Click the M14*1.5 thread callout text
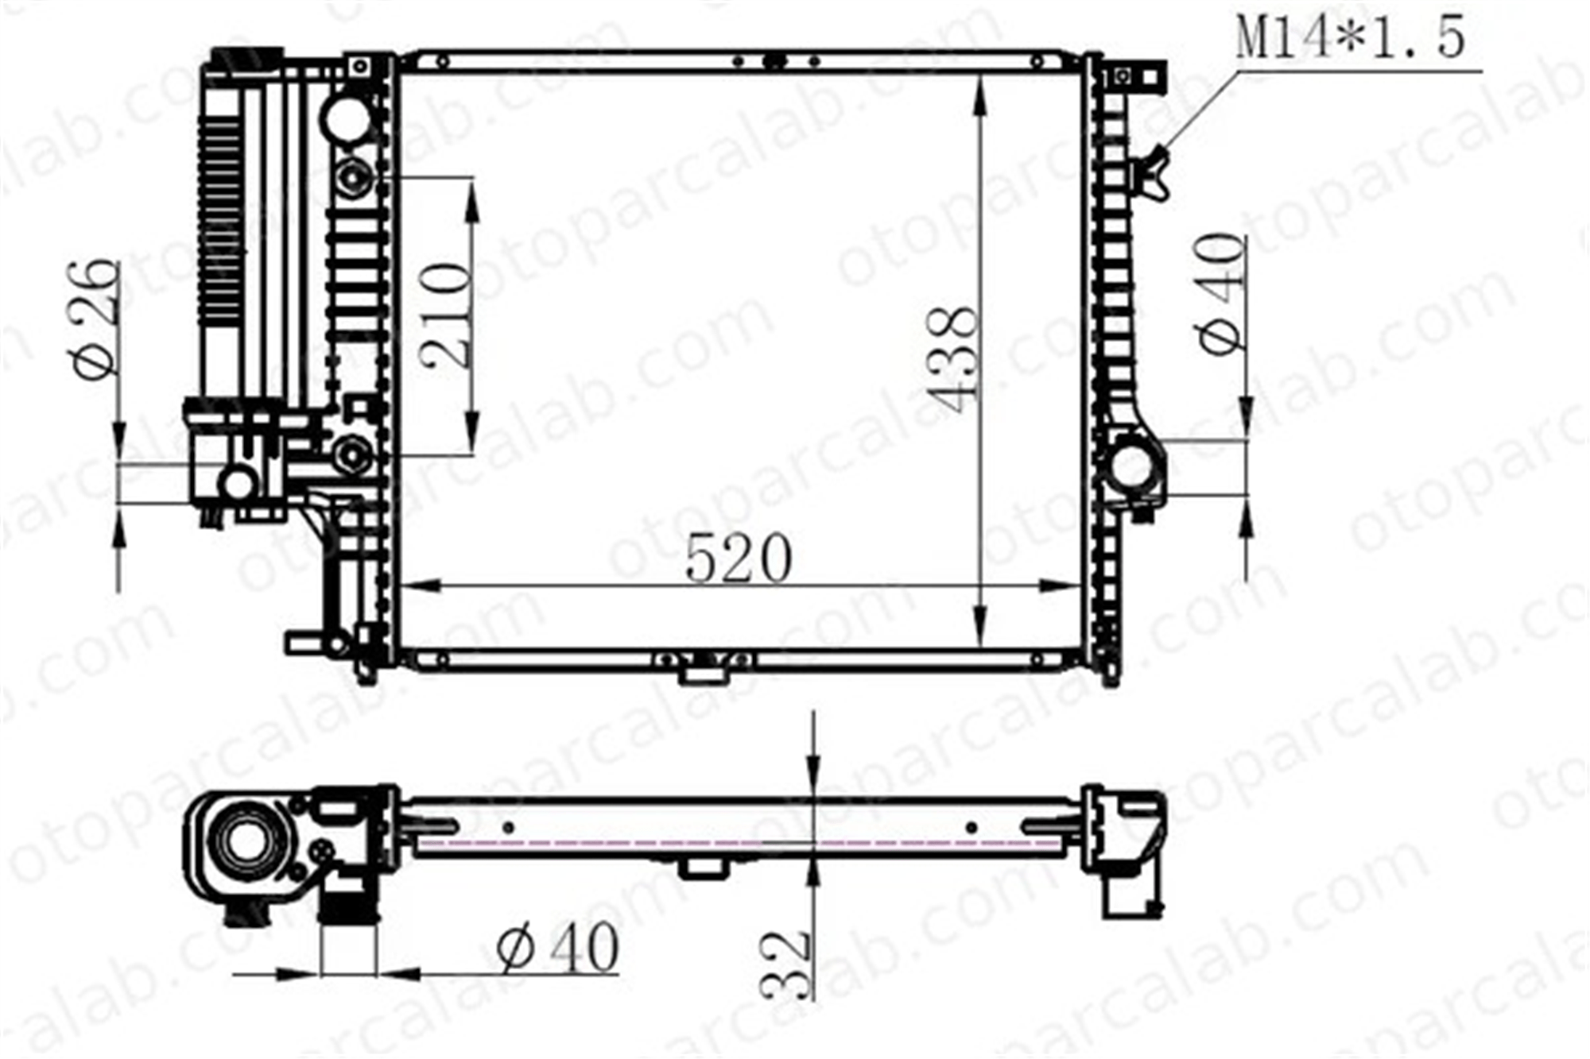coord(1350,38)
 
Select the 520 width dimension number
coord(739,558)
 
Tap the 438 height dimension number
coord(953,359)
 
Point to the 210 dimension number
coord(447,315)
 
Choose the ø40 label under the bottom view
coord(557,948)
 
